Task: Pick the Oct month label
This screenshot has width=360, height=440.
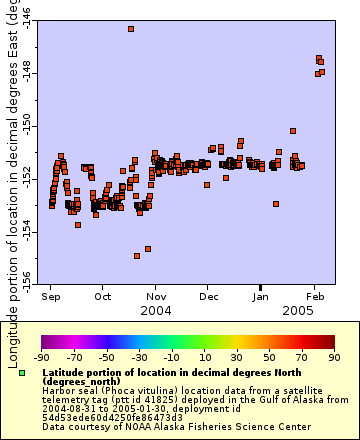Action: click(103, 297)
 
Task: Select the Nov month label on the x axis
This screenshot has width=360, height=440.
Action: click(156, 297)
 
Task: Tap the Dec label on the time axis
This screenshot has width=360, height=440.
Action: click(208, 297)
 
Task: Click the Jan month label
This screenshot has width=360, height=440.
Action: click(260, 297)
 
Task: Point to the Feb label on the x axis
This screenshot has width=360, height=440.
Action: click(314, 297)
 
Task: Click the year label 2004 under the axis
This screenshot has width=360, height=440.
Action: click(155, 311)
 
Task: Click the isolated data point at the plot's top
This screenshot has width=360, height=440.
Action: click(131, 29)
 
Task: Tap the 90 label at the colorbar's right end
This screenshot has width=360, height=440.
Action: click(333, 357)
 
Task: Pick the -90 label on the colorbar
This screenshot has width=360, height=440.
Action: click(41, 357)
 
